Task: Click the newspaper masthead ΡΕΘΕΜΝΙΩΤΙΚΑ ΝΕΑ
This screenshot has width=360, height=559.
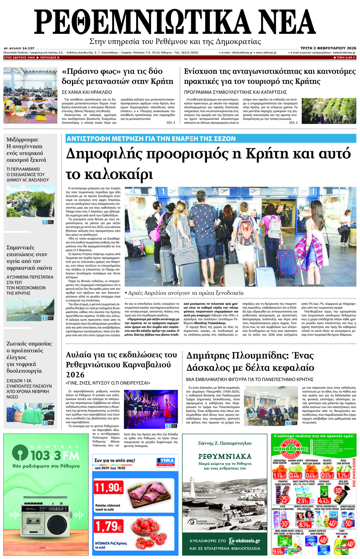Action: [175, 22]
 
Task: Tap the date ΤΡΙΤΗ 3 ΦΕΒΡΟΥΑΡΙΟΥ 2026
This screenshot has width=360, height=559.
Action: [328, 48]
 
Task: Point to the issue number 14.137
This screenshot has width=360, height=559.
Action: [28, 48]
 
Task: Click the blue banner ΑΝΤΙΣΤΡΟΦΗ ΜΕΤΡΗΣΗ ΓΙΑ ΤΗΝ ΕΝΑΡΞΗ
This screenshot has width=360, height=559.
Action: [151, 139]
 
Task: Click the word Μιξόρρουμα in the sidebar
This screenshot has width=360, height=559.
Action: [22, 140]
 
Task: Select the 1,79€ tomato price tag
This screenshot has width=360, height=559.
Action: [109, 526]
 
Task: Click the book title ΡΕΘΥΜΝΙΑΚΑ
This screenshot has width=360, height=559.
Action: [225, 456]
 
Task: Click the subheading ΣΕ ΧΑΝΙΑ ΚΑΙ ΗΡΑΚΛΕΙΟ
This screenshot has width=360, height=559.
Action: [87, 92]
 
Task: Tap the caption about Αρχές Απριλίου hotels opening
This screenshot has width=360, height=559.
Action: [184, 293]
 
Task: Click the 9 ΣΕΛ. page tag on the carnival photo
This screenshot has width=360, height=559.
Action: [171, 426]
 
